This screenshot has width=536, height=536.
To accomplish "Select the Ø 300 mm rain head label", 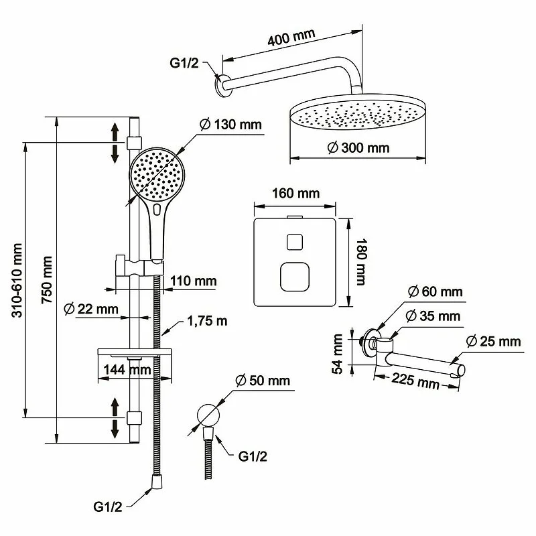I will tap(359, 148).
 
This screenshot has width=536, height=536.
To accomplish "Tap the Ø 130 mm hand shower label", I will tap(230, 125).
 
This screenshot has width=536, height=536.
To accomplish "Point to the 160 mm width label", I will tap(295, 194).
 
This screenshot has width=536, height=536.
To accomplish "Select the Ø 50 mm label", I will tap(263, 381).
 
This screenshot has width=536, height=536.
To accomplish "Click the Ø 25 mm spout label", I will tap(493, 342).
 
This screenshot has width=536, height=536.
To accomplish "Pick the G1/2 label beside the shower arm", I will tap(184, 65).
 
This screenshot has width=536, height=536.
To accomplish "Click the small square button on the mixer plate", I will tap(293, 242).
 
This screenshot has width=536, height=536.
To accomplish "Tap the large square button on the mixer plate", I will tap(293, 276).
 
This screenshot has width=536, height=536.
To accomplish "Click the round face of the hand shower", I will tap(156, 174).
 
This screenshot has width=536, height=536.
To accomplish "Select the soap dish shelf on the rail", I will tap(131, 352).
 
